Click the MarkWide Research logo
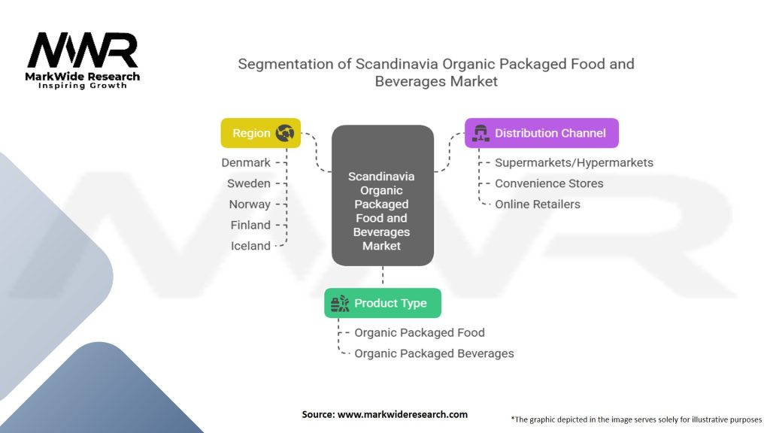coord(83,60)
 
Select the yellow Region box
coord(260,133)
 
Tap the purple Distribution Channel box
coord(541,133)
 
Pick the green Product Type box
coord(383,303)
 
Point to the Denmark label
coord(246,162)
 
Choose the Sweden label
coord(249,183)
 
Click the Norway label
coord(250,204)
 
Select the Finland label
coord(250,225)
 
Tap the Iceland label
coord(250,246)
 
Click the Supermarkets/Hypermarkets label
coord(574,162)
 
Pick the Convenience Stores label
coord(549,183)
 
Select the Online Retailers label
coord(538,204)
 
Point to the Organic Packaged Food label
coord(420,332)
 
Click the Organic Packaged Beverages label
coord(434,353)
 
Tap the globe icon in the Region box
coord(285,133)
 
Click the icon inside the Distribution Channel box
coord(479,133)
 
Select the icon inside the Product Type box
coord(340,303)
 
